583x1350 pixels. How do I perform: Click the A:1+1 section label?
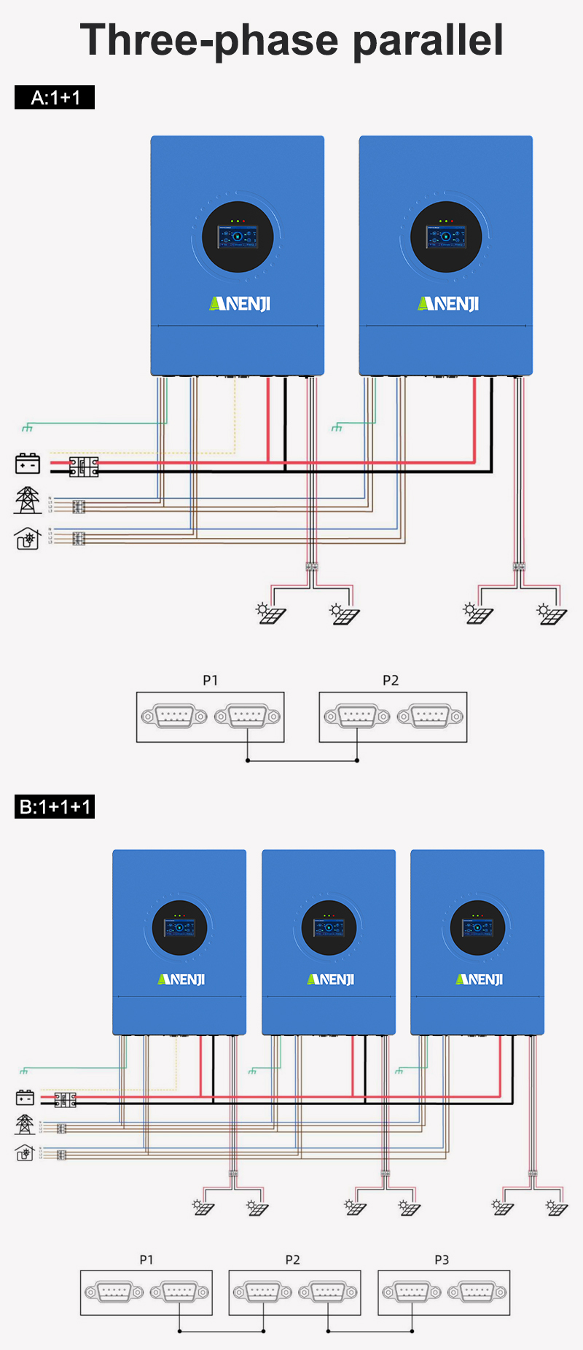[x=55, y=98]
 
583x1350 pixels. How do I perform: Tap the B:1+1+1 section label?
[x=55, y=807]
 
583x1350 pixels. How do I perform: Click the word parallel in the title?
[x=428, y=40]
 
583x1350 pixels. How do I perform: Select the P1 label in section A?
[x=210, y=680]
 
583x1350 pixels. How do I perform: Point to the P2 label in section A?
[x=391, y=680]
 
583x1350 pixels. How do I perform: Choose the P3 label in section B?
[x=442, y=1260]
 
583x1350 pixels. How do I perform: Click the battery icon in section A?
[x=28, y=464]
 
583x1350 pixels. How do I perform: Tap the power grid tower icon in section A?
[x=28, y=501]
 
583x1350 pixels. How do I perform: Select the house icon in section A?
[x=28, y=539]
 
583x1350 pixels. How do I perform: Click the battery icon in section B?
[x=25, y=1097]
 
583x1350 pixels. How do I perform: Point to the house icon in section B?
[x=25, y=1153]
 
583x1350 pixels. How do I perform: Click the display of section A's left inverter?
[x=238, y=237]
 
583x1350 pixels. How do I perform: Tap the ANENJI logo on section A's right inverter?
[x=448, y=303]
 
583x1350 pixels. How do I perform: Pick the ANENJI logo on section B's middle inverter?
[x=331, y=979]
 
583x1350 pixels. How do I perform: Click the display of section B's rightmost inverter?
[x=477, y=927]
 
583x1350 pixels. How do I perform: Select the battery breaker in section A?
[x=84, y=467]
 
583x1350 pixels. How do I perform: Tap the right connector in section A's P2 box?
[x=430, y=717]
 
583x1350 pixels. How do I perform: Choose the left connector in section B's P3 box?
[x=412, y=1292]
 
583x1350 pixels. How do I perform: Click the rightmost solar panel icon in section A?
[x=552, y=614]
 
